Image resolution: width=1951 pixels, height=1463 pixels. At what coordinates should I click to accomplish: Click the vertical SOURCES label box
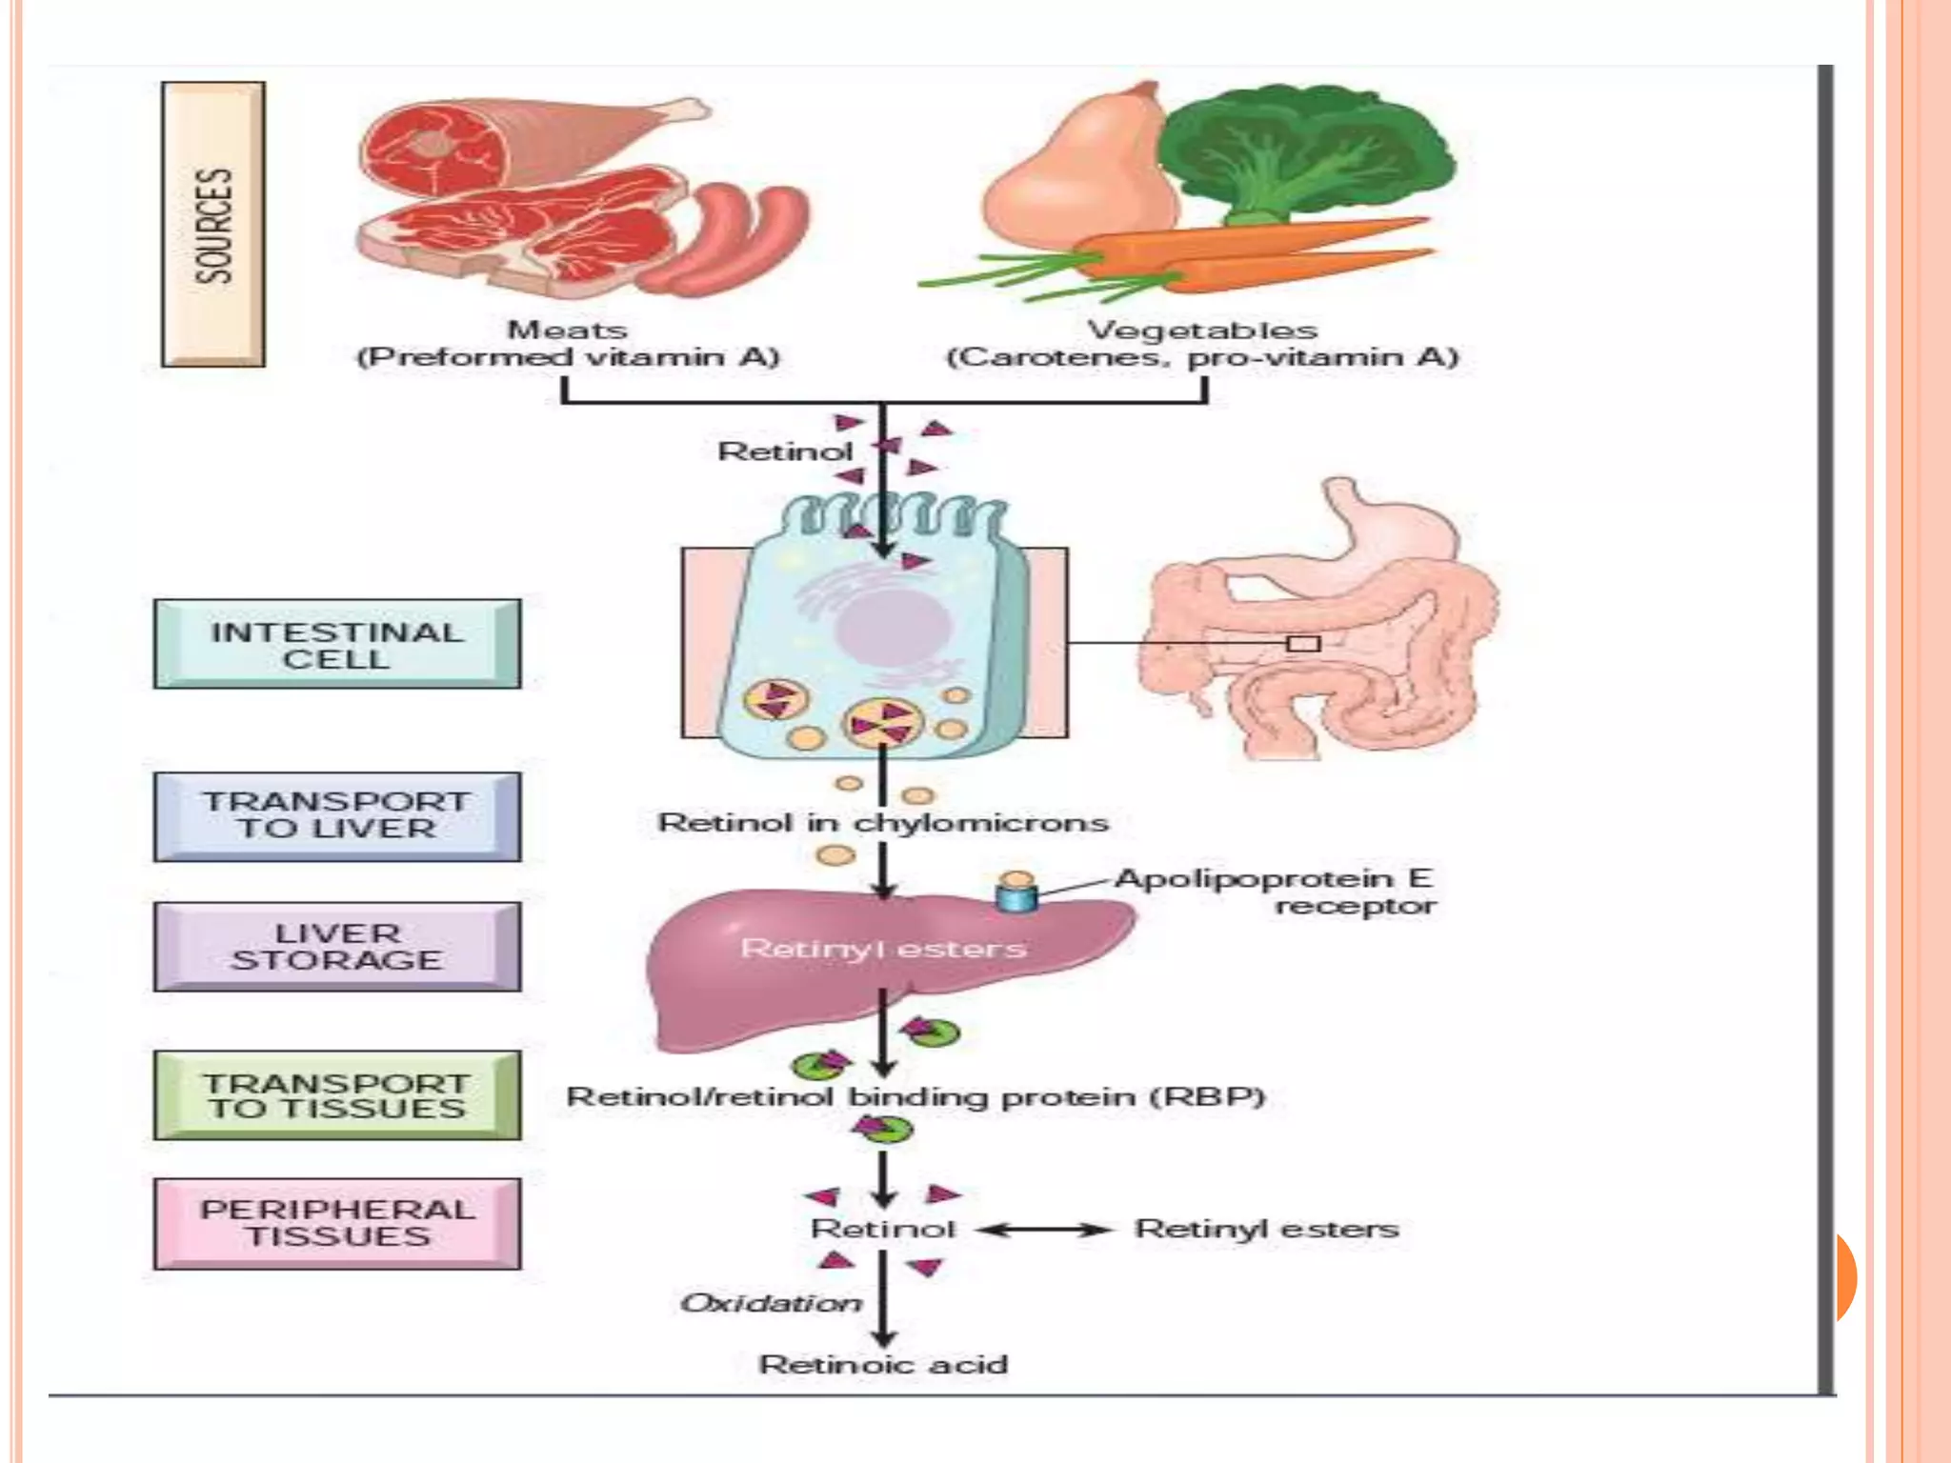tap(213, 225)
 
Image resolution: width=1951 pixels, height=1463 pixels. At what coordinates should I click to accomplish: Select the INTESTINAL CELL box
tap(337, 645)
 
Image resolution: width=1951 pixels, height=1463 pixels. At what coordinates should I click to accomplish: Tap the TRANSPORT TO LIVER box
tap(337, 816)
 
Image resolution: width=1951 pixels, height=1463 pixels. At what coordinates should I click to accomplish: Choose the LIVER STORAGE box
tap(337, 947)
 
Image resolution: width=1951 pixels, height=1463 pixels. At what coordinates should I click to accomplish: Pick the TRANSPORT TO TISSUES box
tap(337, 1095)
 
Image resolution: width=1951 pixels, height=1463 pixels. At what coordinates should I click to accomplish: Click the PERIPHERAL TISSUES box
tap(337, 1224)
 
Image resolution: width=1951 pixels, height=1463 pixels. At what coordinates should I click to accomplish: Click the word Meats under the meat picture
tap(568, 331)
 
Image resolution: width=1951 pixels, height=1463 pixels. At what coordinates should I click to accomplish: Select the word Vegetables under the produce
tap(1202, 331)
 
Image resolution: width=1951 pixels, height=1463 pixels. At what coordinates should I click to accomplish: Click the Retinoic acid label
tap(883, 1365)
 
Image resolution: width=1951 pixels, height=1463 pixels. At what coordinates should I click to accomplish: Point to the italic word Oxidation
tap(770, 1303)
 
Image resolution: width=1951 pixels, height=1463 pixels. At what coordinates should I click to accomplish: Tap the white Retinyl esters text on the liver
tap(883, 949)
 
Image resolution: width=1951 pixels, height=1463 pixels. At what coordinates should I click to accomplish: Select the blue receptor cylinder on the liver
tap(1016, 897)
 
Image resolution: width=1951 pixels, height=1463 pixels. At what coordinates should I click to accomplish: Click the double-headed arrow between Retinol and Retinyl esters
tap(1045, 1230)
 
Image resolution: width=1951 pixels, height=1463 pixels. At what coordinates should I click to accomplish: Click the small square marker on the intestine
tap(1303, 644)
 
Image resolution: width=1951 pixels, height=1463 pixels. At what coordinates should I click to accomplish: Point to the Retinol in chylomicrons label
tap(883, 823)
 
